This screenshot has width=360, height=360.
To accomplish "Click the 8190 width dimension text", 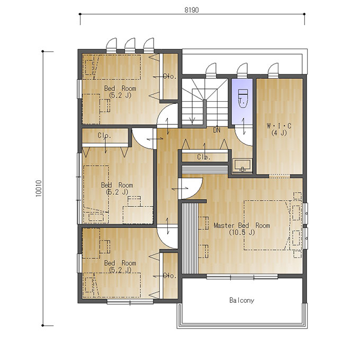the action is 192,10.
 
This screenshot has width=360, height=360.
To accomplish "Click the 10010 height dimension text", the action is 39,188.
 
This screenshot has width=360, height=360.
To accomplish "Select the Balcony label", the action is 242,300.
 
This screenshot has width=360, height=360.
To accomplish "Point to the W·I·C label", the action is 279,126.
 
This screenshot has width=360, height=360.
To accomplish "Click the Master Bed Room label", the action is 242,226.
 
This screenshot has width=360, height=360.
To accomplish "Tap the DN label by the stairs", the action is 217,130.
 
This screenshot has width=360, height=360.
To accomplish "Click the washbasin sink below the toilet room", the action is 242,165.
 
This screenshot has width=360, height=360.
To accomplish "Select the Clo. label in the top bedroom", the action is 170,76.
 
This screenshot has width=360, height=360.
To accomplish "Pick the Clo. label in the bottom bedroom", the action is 170,275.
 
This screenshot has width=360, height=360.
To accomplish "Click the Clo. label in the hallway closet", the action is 204,157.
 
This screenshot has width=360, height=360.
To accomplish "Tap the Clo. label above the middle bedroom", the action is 104,136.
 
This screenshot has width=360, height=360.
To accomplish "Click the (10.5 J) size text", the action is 242,232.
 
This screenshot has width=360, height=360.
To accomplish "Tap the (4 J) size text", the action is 279,133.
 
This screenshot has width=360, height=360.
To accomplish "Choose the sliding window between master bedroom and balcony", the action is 242,277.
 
